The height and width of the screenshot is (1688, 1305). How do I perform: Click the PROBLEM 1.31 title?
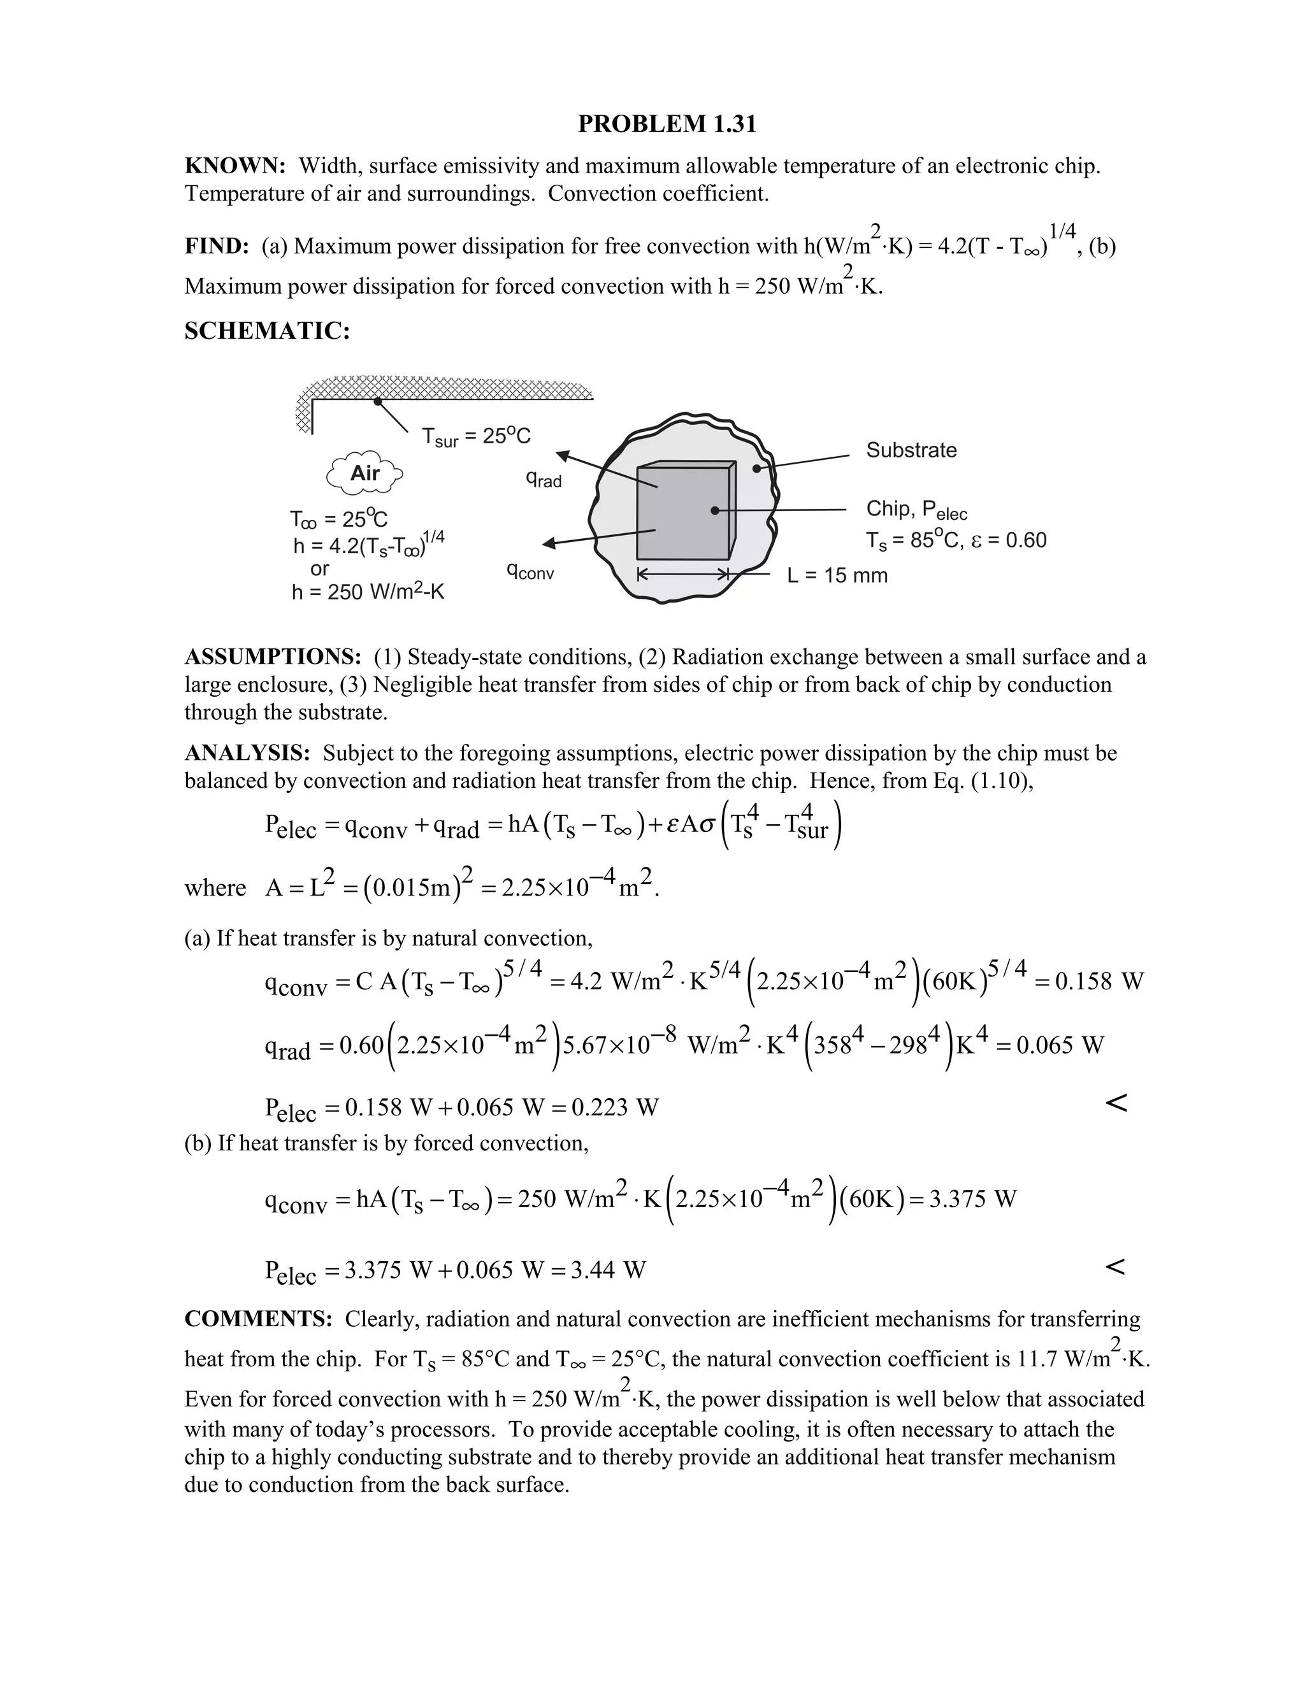pos(667,124)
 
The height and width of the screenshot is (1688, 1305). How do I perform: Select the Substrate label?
pos(911,450)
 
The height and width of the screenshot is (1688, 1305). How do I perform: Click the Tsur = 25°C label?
pos(476,437)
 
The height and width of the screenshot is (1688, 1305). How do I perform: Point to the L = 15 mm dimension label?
pos(837,575)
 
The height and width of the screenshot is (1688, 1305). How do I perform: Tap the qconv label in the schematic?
pos(530,572)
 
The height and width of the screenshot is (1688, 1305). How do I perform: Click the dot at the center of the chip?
pos(714,511)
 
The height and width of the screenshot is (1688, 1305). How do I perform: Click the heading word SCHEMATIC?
pos(268,331)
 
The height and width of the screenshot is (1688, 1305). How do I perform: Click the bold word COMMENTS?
pos(258,1319)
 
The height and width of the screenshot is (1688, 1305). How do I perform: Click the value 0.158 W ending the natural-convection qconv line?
pos(1099,982)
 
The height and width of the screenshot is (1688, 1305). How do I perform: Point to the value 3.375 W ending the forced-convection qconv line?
pos(972,1199)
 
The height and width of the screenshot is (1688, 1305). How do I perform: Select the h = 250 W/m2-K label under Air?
pos(368,593)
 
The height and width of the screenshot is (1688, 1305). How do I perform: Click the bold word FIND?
pos(217,247)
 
